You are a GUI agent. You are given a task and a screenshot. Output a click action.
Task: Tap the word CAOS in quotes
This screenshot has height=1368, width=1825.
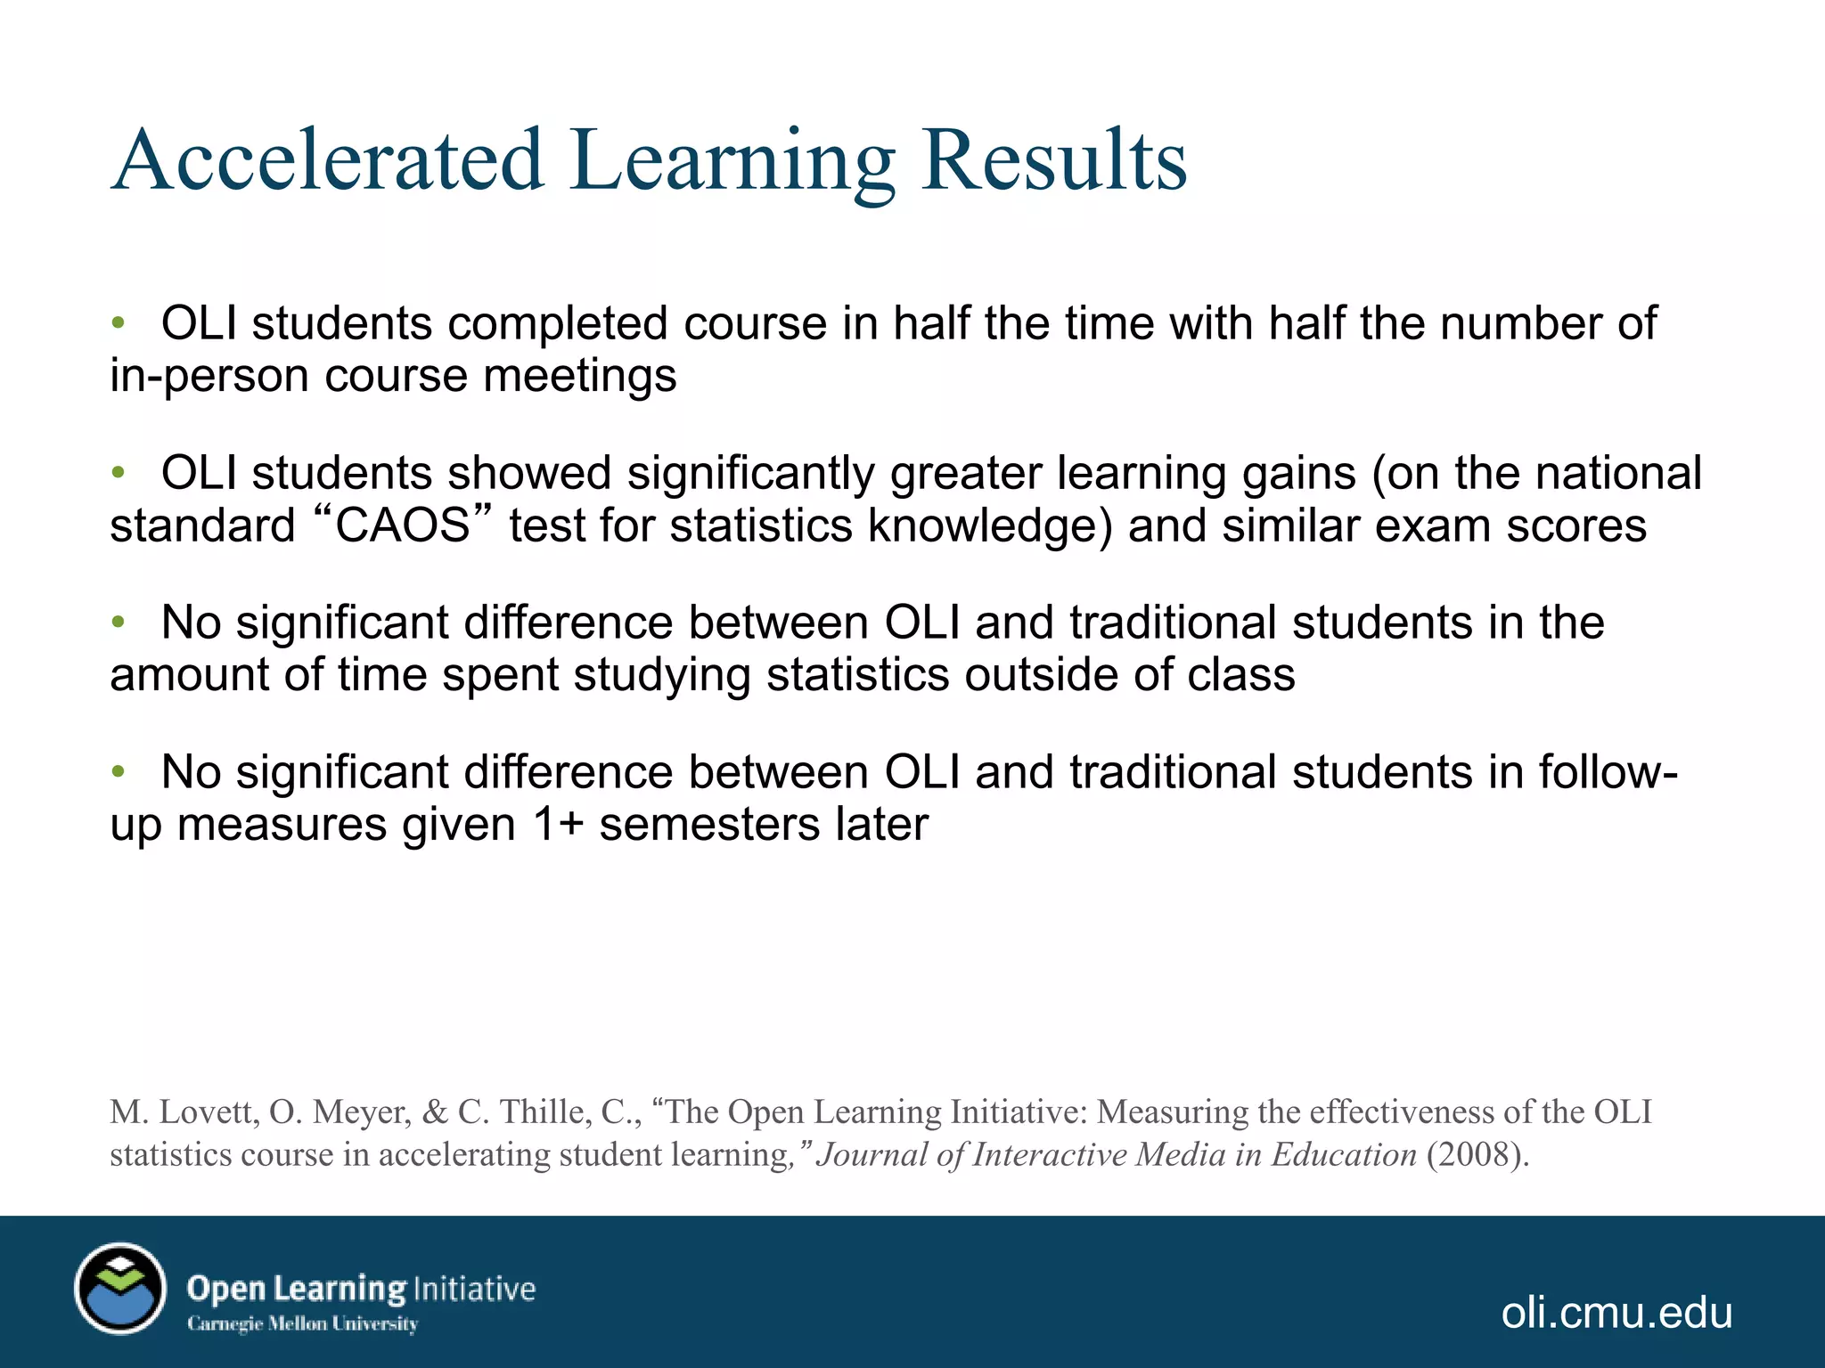[403, 525]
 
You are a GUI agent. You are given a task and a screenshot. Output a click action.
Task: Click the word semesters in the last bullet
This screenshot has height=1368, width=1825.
[709, 825]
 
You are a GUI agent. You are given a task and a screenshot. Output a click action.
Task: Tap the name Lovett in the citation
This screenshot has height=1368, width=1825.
[209, 1112]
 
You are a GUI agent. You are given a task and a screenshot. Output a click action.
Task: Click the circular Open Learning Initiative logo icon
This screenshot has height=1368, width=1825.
[120, 1289]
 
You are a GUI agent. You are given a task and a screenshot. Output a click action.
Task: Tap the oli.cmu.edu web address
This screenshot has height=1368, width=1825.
[1616, 1313]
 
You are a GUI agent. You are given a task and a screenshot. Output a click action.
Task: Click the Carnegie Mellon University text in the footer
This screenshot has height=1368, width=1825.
[302, 1324]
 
